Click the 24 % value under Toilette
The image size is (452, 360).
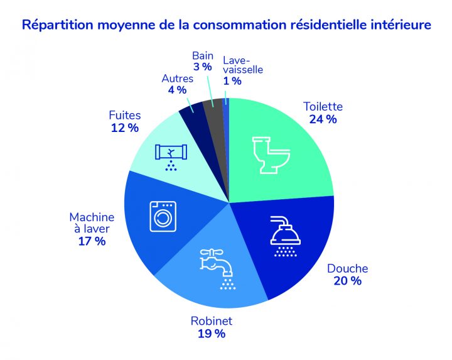click(323, 119)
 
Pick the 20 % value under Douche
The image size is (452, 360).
click(347, 281)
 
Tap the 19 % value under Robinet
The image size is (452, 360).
click(211, 334)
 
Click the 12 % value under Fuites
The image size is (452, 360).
click(124, 128)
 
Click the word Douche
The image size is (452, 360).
click(347, 268)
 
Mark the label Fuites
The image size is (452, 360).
click(124, 116)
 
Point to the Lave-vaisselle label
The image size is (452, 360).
click(242, 67)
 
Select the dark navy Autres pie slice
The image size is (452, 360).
click(191, 114)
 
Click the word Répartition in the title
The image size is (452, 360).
click(55, 26)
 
